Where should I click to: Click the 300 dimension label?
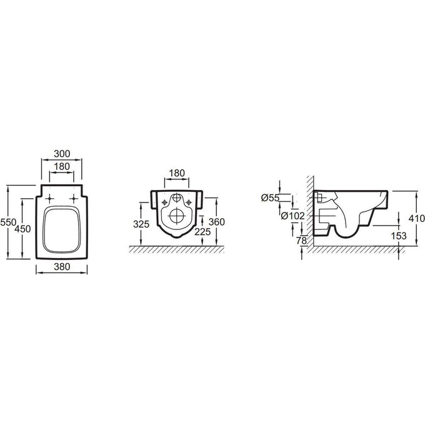62,154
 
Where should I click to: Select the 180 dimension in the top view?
62,166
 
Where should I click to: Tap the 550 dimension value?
8,222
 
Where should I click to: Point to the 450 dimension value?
22,229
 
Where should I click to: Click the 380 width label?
62,267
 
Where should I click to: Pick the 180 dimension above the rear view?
177,173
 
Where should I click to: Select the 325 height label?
141,224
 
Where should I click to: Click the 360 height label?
217,222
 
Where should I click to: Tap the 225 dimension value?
202,232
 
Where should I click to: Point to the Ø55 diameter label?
270,198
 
